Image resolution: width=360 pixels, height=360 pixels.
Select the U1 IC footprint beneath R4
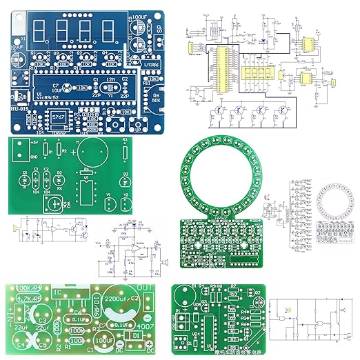click(86, 192)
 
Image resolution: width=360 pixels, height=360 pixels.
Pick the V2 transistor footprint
click(126, 205)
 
